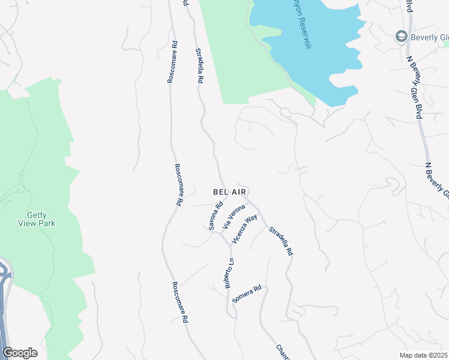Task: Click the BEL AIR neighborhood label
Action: pyautogui.click(x=229, y=192)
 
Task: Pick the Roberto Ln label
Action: pyautogui.click(x=229, y=273)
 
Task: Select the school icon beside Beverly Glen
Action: pyautogui.click(x=400, y=37)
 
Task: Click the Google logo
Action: pyautogui.click(x=20, y=353)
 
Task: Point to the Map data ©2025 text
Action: pyautogui.click(x=424, y=355)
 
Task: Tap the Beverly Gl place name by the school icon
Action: pyautogui.click(x=429, y=37)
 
